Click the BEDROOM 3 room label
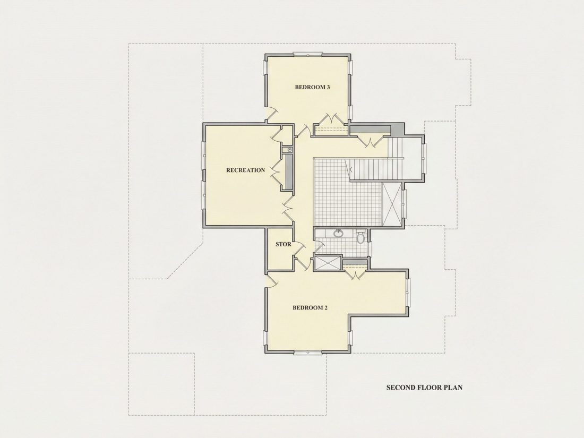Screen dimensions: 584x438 pyautogui.click(x=313, y=88)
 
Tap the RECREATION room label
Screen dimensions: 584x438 pyautogui.click(x=245, y=170)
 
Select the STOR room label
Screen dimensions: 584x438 pyautogui.click(x=284, y=244)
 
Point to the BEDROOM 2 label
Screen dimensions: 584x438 pyautogui.click(x=310, y=307)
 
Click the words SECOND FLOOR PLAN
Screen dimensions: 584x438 pyautogui.click(x=424, y=388)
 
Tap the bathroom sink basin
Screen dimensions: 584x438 pyautogui.click(x=338, y=234)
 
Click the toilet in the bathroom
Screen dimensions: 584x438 pyautogui.click(x=360, y=237)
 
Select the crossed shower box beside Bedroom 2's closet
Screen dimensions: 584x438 pyautogui.click(x=328, y=263)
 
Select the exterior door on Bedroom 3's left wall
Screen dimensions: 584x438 pyautogui.click(x=271, y=114)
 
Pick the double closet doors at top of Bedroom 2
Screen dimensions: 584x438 pyautogui.click(x=356, y=275)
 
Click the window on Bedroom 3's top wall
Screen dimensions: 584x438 pyautogui.click(x=308, y=55)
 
